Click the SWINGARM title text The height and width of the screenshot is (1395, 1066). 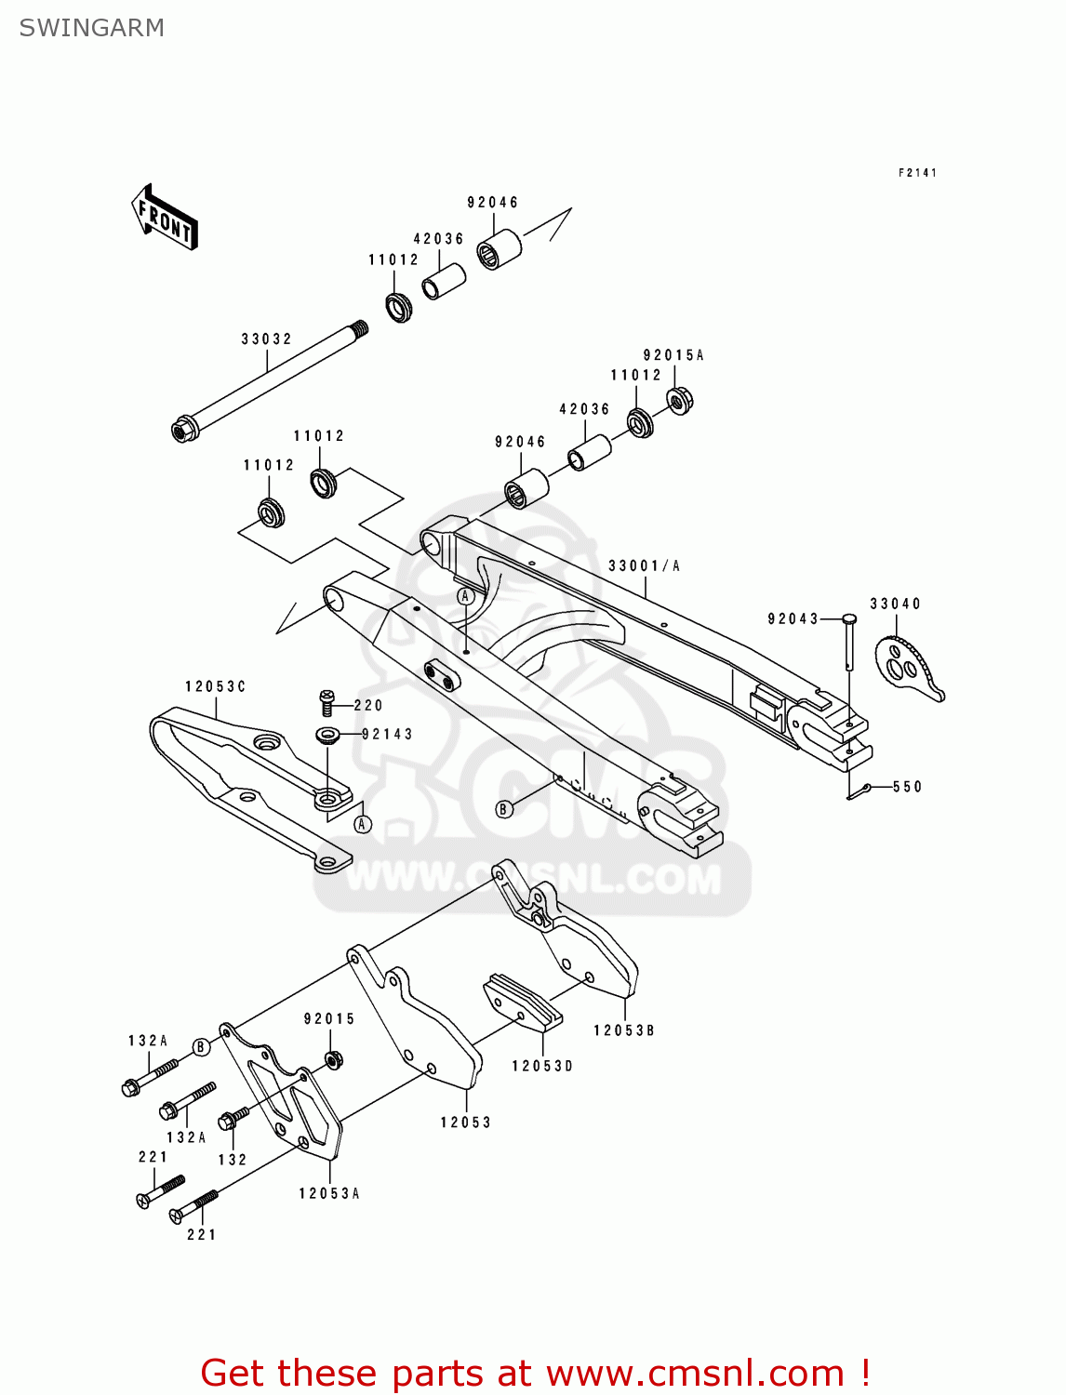(x=91, y=28)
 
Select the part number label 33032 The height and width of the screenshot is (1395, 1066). (x=266, y=339)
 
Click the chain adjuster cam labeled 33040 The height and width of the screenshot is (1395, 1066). (x=906, y=665)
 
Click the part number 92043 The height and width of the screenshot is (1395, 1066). (x=793, y=619)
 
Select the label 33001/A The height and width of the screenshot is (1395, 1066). (x=644, y=566)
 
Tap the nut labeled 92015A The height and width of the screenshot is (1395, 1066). (x=680, y=401)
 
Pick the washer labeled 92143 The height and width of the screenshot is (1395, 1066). (x=327, y=736)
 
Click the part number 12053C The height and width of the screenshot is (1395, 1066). (x=215, y=687)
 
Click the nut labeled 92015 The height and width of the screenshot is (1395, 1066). (x=332, y=1058)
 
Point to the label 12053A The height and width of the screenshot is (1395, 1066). (x=328, y=1194)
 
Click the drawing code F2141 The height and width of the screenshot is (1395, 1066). (x=917, y=173)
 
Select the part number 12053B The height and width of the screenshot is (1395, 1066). (x=623, y=1031)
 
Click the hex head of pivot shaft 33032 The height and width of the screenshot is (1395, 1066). (x=183, y=430)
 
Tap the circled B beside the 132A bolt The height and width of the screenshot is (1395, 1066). (x=201, y=1047)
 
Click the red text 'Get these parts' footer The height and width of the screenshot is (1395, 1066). (x=535, y=1373)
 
